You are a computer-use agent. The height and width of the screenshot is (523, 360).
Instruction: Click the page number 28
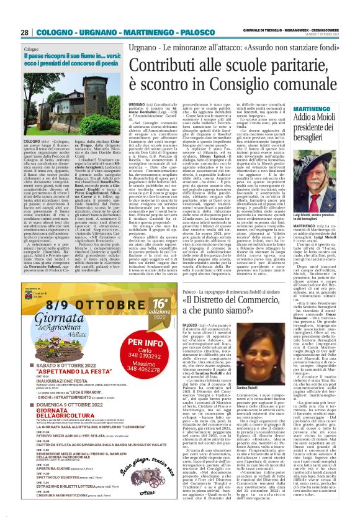[x=24, y=32]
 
